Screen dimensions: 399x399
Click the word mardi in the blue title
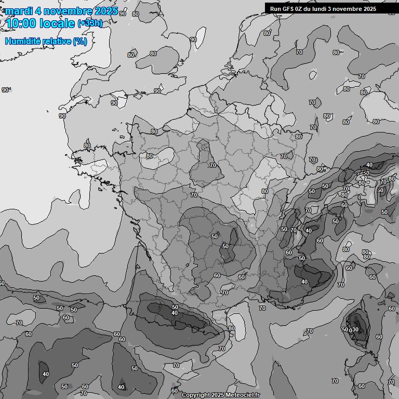(19, 11)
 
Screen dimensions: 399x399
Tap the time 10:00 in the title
(22, 23)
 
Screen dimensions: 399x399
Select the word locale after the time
(58, 23)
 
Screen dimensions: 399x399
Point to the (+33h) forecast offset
(90, 23)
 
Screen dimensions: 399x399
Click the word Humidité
(22, 41)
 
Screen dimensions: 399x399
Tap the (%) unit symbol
(79, 41)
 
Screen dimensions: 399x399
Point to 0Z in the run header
(302, 9)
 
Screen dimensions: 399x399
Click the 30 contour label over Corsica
(356, 330)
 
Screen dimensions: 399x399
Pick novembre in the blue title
(69, 11)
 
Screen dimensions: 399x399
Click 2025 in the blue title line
(107, 11)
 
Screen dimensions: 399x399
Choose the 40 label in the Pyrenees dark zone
(175, 313)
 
